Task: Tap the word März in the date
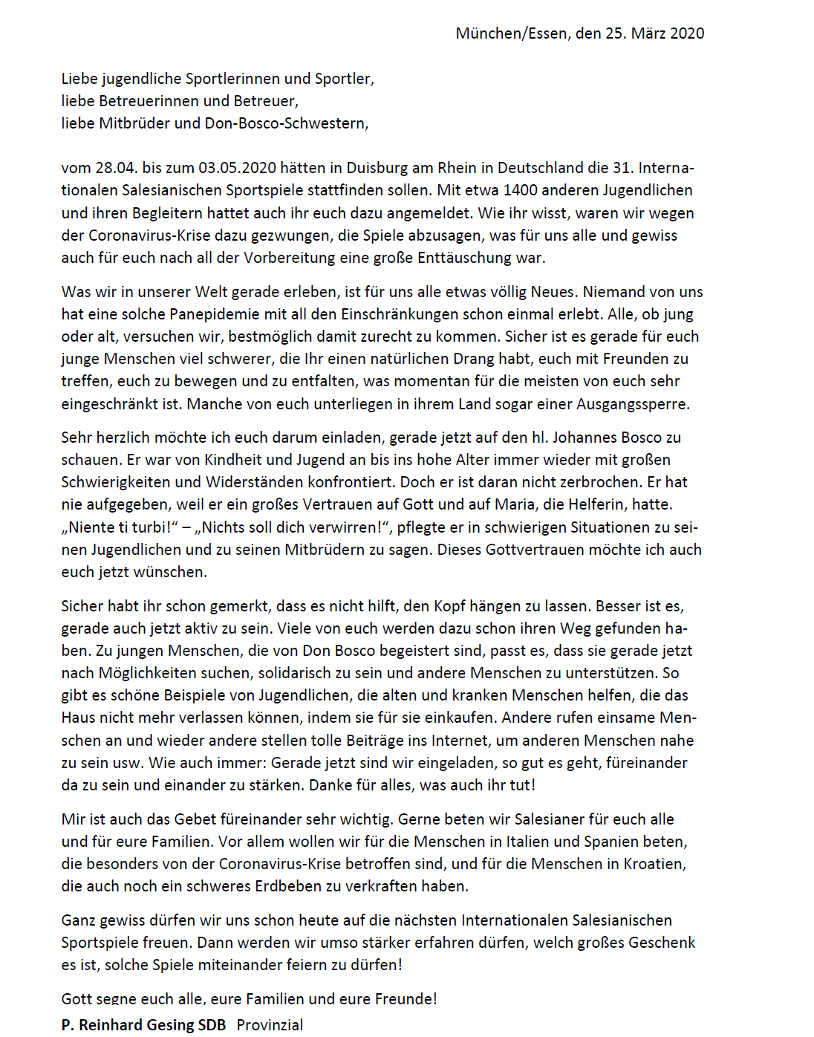pos(648,33)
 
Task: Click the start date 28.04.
pos(116,168)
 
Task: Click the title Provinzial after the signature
pos(270,1024)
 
